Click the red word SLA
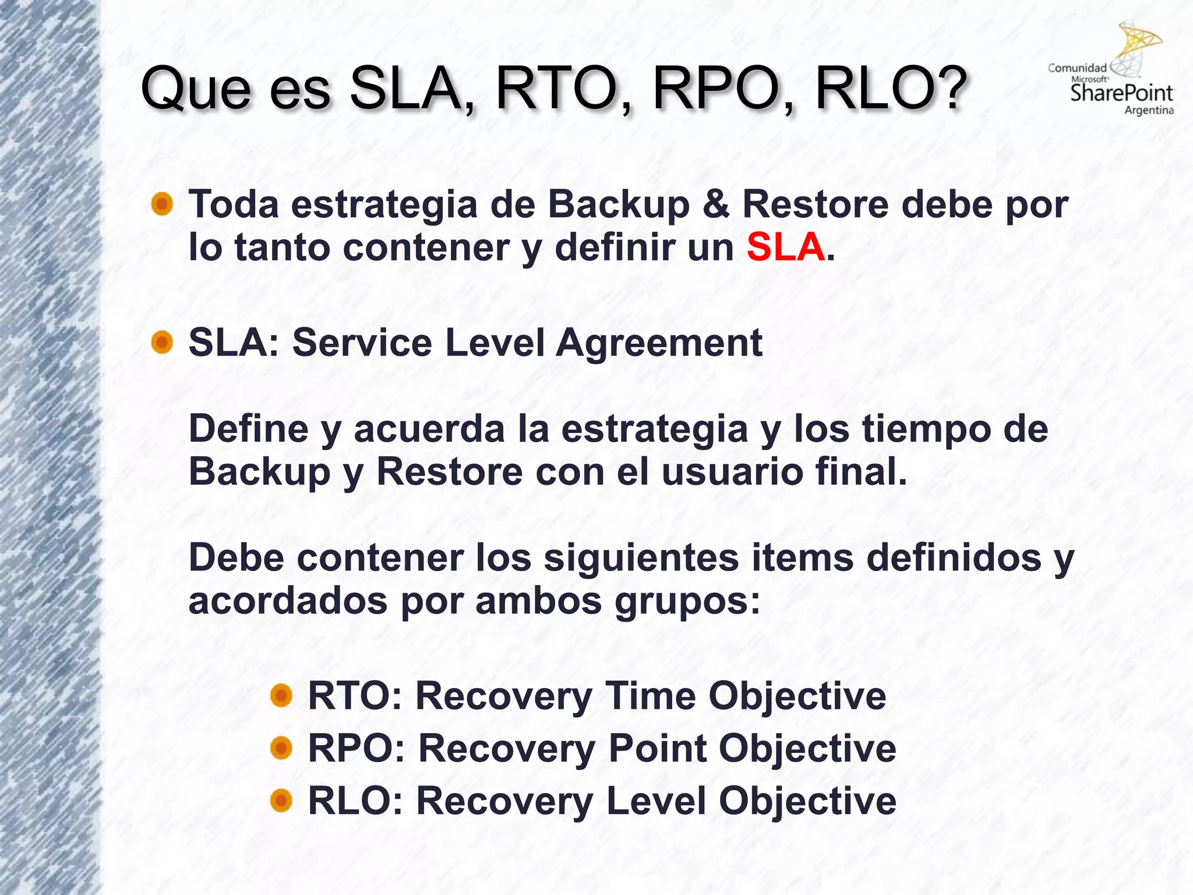pyautogui.click(x=785, y=247)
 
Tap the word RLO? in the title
pyautogui.click(x=891, y=89)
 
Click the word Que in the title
pyautogui.click(x=196, y=89)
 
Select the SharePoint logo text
pyautogui.click(x=1121, y=93)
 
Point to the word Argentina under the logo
pyautogui.click(x=1148, y=110)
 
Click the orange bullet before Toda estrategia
pyautogui.click(x=162, y=205)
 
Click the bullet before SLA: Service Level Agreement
pyautogui.click(x=162, y=343)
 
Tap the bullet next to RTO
pyautogui.click(x=281, y=695)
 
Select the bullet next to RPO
pyautogui.click(x=281, y=748)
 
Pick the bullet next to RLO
pyautogui.click(x=281, y=800)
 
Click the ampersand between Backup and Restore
pyautogui.click(x=715, y=205)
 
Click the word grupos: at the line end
pyautogui.click(x=687, y=601)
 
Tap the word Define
pyautogui.click(x=249, y=428)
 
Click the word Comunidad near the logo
pyautogui.click(x=1076, y=68)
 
